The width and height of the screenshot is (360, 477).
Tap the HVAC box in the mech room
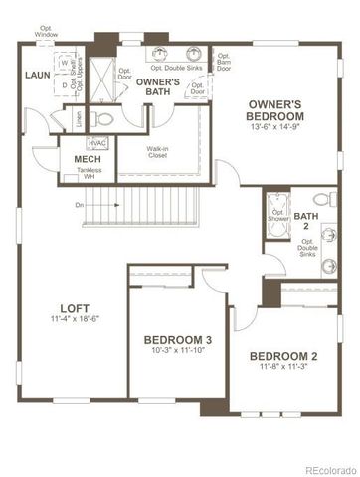[97, 142]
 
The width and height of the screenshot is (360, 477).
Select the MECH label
[87, 158]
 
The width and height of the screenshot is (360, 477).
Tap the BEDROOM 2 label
[283, 356]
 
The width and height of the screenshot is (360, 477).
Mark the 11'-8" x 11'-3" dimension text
[283, 368]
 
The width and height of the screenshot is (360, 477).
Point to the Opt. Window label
[45, 33]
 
